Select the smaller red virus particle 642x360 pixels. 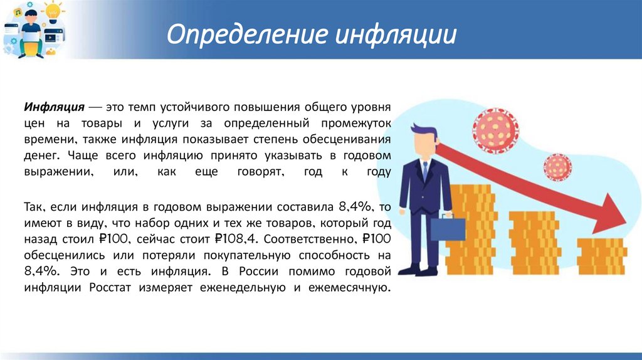556,166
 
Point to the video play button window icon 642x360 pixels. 49,38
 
